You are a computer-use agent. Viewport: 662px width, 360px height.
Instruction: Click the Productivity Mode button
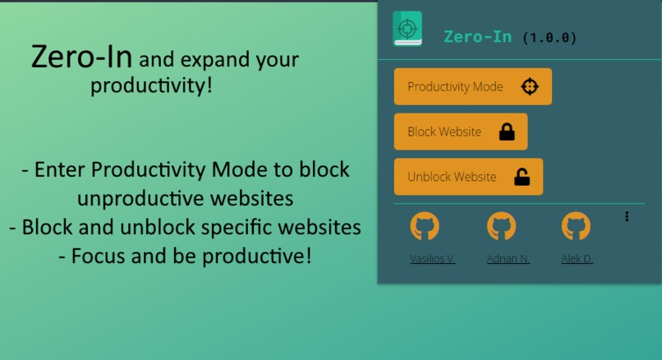472,86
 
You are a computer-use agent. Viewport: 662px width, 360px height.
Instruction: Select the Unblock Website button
468,177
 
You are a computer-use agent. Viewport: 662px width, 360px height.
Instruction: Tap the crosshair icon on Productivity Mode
530,86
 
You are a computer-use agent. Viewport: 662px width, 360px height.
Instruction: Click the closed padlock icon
507,132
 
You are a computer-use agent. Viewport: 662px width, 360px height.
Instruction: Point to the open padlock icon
522,177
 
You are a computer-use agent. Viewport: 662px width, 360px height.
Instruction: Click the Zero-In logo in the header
407,29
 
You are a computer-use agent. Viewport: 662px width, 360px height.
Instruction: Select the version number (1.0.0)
549,38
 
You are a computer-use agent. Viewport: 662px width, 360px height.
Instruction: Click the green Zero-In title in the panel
477,37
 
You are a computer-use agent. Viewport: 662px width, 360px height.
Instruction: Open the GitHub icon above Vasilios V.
425,226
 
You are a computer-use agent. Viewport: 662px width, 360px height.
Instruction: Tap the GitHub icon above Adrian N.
501,226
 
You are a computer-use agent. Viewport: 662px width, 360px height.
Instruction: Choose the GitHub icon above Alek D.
576,226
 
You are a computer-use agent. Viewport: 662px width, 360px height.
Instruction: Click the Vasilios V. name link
433,258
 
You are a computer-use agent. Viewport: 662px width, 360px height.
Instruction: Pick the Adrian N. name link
508,258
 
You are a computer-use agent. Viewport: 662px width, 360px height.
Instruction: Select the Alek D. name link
577,258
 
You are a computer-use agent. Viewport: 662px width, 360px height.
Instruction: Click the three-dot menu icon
627,216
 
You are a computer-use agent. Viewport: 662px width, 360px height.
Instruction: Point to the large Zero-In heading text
83,58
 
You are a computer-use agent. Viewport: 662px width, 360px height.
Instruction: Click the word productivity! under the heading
151,85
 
